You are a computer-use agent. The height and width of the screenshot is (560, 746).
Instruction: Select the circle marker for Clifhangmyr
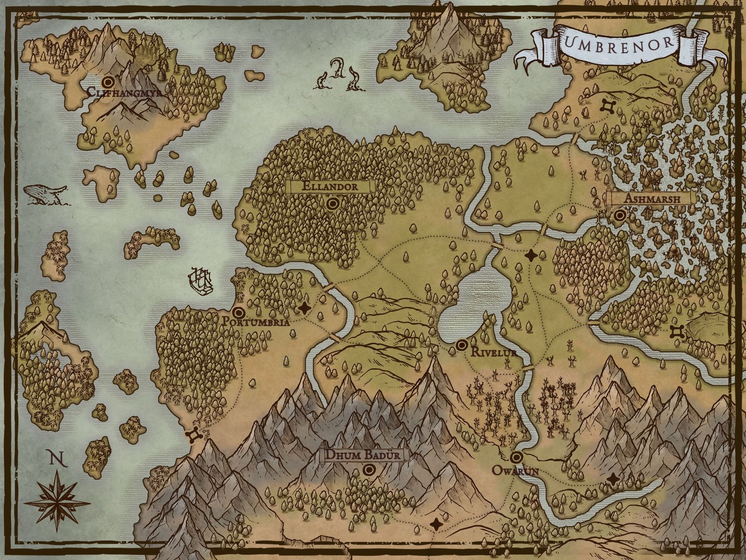[x=109, y=80]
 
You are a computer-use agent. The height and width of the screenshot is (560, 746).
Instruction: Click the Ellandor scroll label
[x=330, y=186]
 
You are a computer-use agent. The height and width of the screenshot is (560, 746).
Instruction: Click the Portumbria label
[x=255, y=321]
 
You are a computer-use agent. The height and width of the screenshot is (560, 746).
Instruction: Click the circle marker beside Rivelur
[x=461, y=345]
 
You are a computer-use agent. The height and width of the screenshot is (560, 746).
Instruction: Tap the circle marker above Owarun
[x=516, y=458]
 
